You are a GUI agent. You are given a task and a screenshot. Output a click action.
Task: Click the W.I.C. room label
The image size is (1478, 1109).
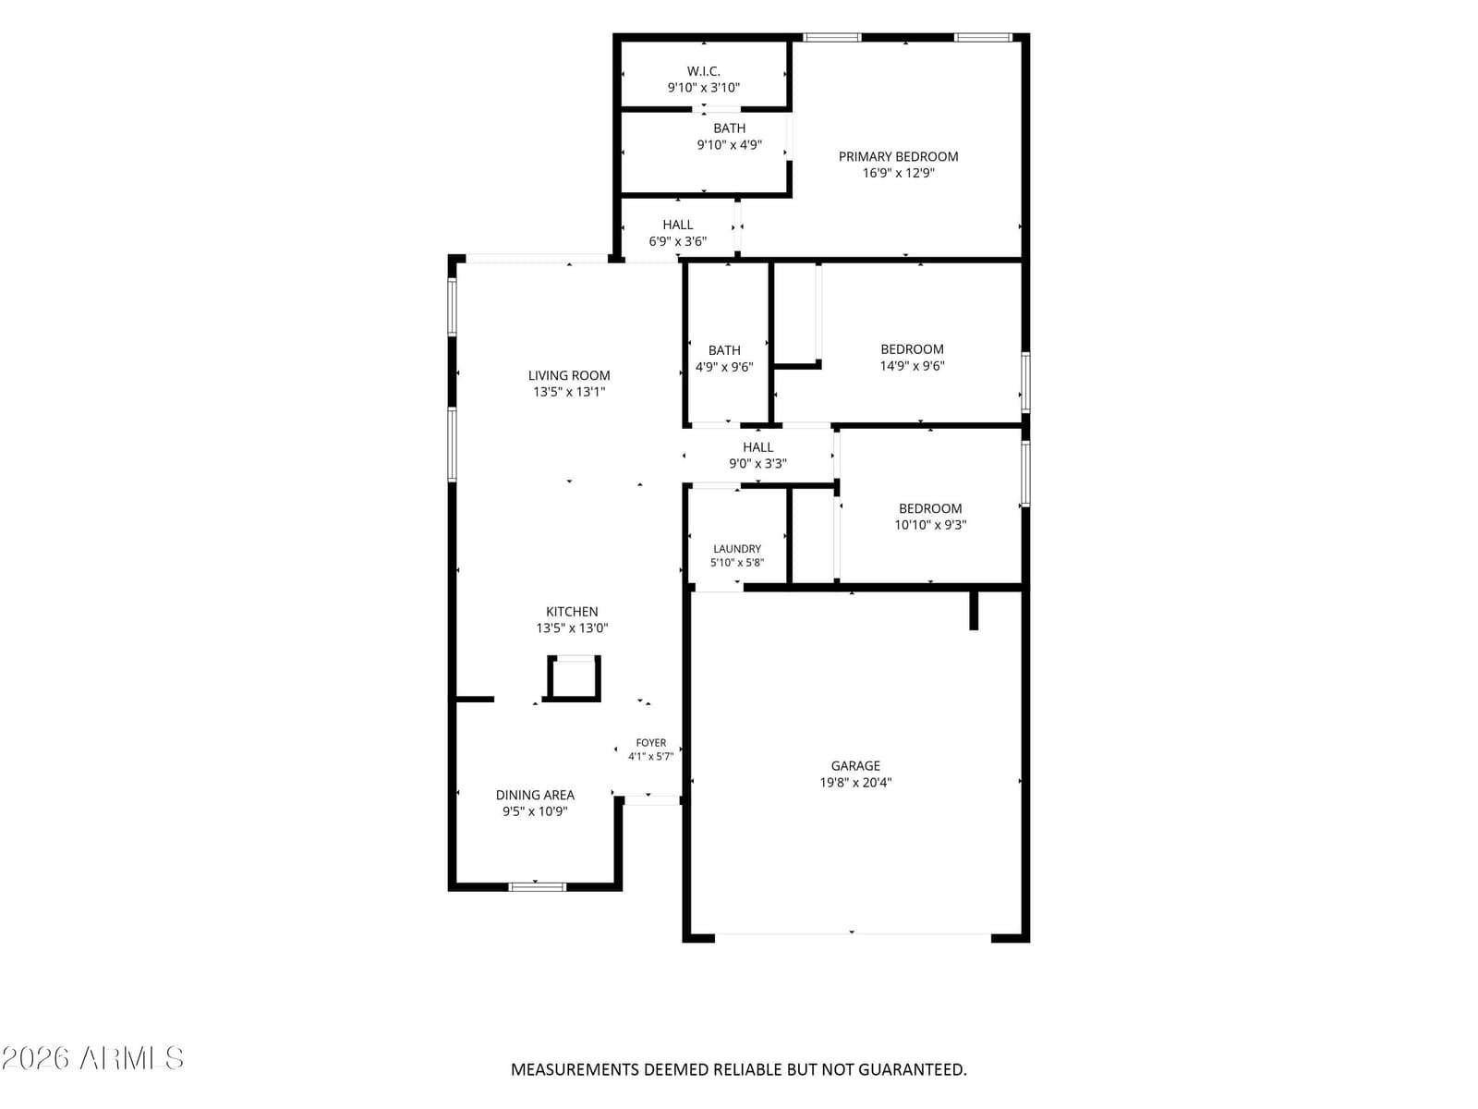coord(703,71)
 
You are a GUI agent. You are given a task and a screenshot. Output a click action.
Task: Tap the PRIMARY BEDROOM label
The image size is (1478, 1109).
coord(898,156)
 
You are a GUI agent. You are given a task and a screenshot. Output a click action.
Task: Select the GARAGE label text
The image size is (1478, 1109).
coord(855,765)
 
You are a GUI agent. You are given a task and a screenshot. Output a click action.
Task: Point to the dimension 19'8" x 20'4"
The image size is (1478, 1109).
coord(855,783)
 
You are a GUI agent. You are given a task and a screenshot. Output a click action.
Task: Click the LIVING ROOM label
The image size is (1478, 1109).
coord(569,375)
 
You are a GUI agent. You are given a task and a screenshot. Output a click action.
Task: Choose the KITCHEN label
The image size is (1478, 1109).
coord(572,612)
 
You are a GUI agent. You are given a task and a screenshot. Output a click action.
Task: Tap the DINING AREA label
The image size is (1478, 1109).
coord(535,795)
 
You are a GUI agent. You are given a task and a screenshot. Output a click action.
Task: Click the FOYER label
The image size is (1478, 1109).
coord(651,743)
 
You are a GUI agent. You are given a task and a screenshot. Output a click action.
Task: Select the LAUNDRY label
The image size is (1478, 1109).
coord(737,549)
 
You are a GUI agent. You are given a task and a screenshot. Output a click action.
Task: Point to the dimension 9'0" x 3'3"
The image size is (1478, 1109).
coord(757,463)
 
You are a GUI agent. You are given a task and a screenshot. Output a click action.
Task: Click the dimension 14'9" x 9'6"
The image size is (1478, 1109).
coord(913,366)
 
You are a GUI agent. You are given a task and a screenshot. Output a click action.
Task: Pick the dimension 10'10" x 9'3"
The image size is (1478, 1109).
coord(930,525)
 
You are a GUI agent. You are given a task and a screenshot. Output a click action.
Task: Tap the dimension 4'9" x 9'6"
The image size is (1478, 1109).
coord(724,367)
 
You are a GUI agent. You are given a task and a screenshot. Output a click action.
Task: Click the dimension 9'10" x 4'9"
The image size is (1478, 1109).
coord(729,144)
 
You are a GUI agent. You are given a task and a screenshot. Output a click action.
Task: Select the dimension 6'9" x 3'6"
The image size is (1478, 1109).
coord(677,241)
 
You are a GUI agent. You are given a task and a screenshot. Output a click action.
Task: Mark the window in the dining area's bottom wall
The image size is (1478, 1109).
coord(538,887)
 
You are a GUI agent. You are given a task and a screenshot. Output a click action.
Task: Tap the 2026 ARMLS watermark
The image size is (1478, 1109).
coord(92,1058)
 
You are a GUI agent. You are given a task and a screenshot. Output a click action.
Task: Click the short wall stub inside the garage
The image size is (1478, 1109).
coord(974,610)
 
